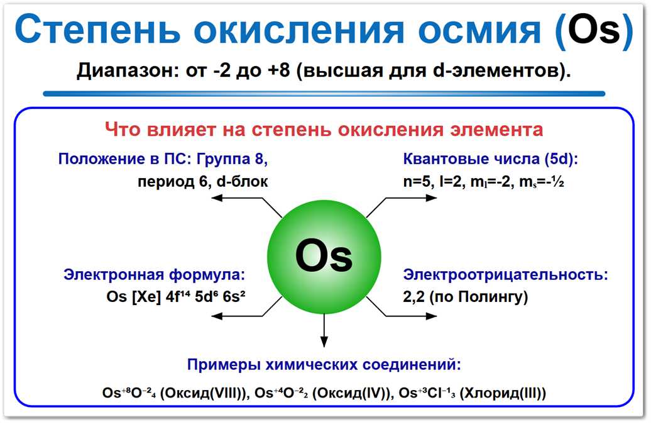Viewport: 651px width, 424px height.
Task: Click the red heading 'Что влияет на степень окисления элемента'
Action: click(x=324, y=130)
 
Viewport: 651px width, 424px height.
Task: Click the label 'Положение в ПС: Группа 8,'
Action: click(x=163, y=159)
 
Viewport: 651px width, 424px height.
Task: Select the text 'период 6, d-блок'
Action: click(x=203, y=182)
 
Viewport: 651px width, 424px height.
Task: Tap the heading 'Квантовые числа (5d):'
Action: click(x=491, y=159)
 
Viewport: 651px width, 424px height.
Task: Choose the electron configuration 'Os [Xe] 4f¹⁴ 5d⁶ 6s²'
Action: click(x=175, y=297)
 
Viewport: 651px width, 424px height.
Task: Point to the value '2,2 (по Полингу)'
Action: click(x=466, y=297)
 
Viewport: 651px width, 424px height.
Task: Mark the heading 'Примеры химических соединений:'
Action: click(x=324, y=365)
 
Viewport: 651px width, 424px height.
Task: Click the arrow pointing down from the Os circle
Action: click(x=324, y=330)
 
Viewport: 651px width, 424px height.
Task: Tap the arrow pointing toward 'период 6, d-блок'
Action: click(x=239, y=199)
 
